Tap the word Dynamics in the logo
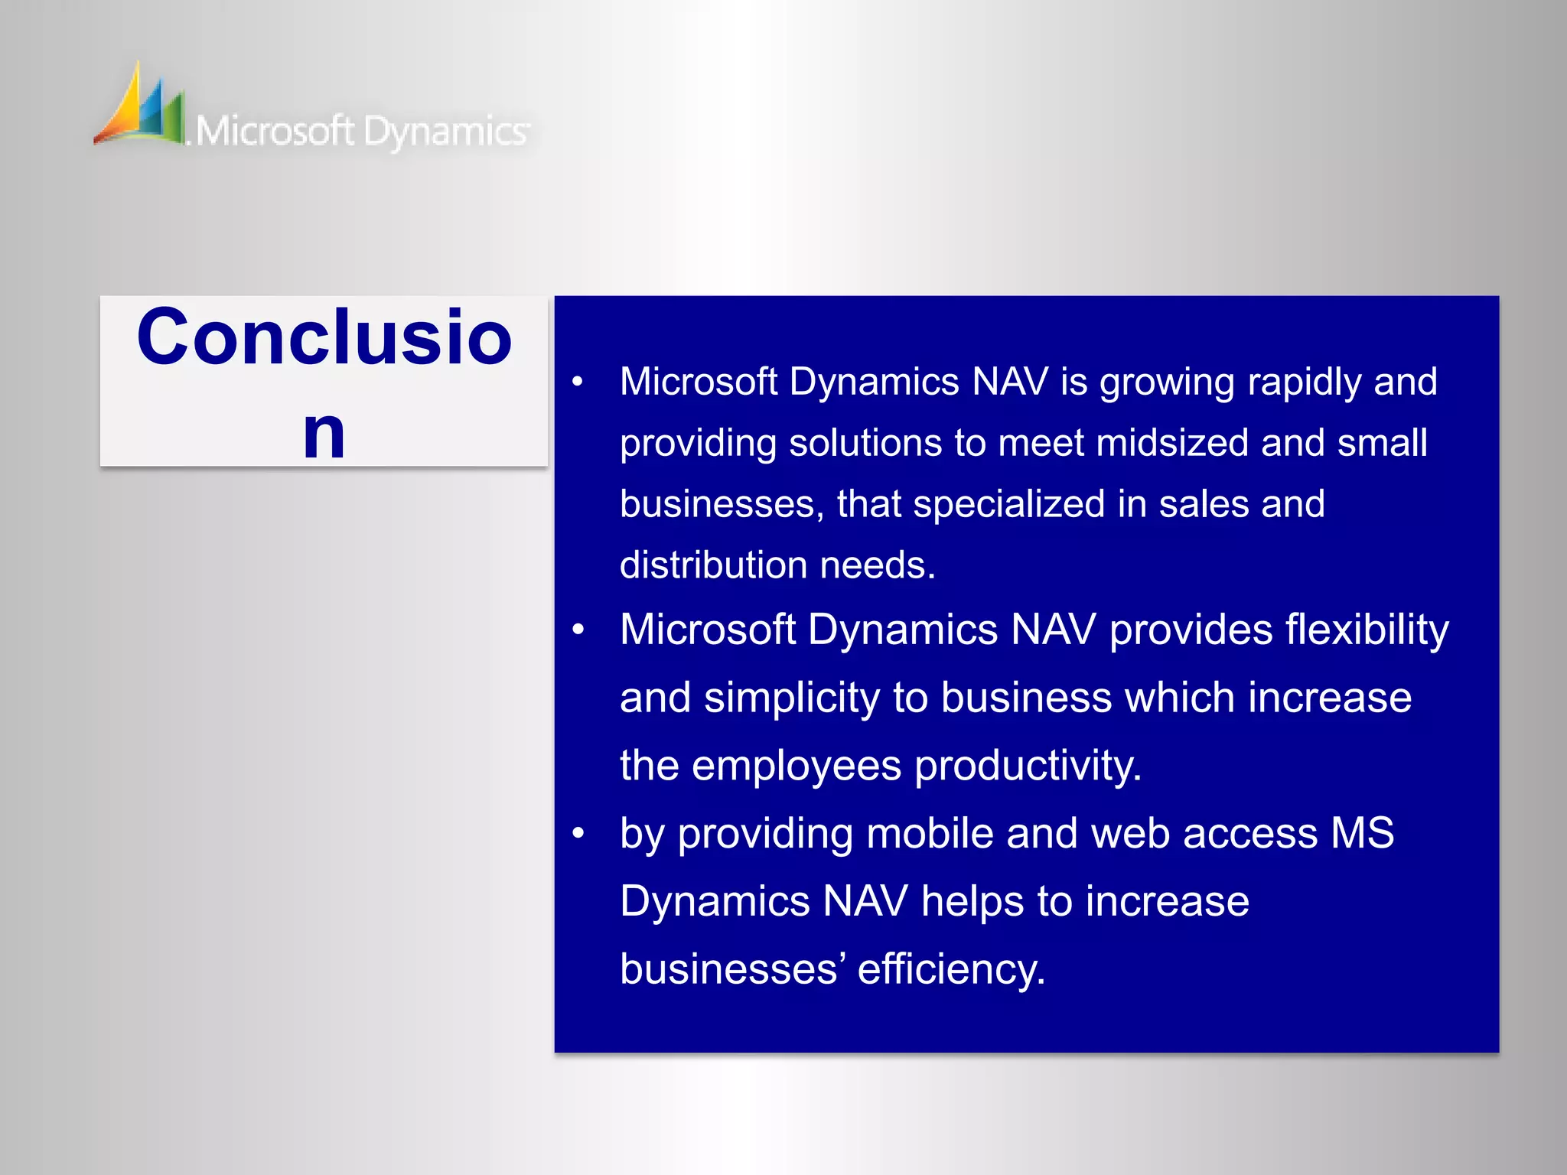point(445,132)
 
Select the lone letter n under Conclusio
point(324,434)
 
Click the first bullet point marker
point(578,381)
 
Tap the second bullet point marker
point(578,630)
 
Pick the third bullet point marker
point(578,833)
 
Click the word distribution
point(713,565)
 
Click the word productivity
point(1028,766)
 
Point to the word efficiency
point(951,969)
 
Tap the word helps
point(972,901)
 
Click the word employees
point(796,766)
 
